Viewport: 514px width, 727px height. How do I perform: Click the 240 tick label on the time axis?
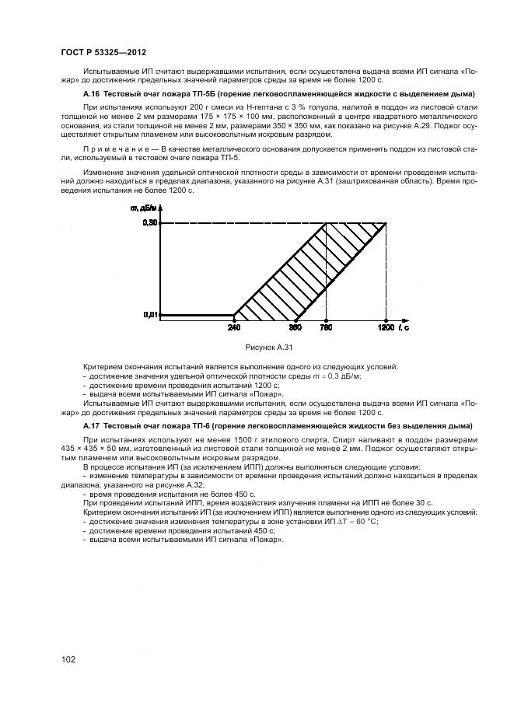[x=234, y=327]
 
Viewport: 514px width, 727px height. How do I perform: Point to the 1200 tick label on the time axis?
[x=386, y=327]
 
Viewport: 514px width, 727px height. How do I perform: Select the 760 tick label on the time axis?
[x=326, y=327]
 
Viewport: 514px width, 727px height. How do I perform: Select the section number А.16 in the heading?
[x=91, y=94]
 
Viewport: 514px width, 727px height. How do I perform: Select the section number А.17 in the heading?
[x=91, y=426]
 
